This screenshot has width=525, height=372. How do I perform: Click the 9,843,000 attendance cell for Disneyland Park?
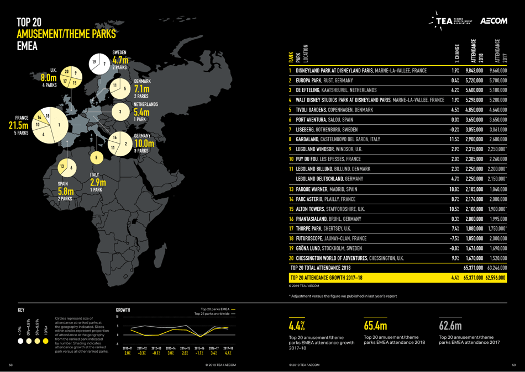(x=474, y=71)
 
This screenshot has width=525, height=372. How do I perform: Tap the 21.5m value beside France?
(x=18, y=126)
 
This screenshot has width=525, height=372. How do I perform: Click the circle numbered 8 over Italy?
(x=97, y=158)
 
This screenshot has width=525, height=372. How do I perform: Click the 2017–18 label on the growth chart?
(x=229, y=349)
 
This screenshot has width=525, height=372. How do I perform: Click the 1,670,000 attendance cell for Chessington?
(x=474, y=259)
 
